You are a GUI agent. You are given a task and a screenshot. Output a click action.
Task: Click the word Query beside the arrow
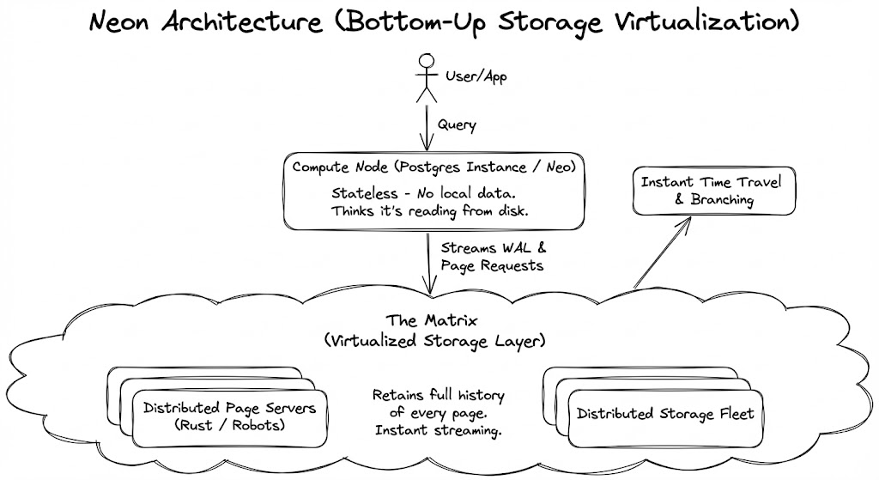[457, 125]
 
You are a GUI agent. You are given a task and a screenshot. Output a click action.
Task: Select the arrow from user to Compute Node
[426, 129]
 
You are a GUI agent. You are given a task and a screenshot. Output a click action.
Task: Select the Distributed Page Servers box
[227, 415]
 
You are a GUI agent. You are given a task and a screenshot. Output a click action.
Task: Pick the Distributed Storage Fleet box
[664, 414]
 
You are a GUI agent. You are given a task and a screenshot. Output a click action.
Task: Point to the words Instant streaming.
[439, 429]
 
